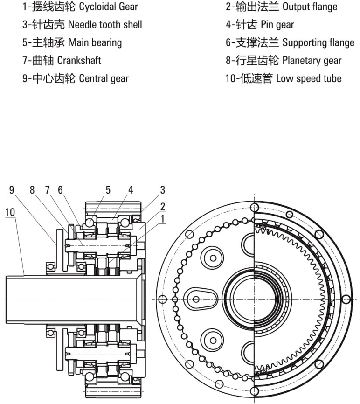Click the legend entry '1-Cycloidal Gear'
(x=80, y=7)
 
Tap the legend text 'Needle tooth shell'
(x=82, y=25)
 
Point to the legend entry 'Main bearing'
(x=72, y=42)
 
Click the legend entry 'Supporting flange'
(x=290, y=42)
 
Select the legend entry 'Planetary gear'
(x=284, y=60)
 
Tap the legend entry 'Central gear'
(x=76, y=78)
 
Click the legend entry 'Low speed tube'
(x=283, y=78)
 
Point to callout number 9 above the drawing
(x=11, y=190)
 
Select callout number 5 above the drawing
(x=108, y=190)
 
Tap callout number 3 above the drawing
(x=162, y=190)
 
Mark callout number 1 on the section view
(x=162, y=218)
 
